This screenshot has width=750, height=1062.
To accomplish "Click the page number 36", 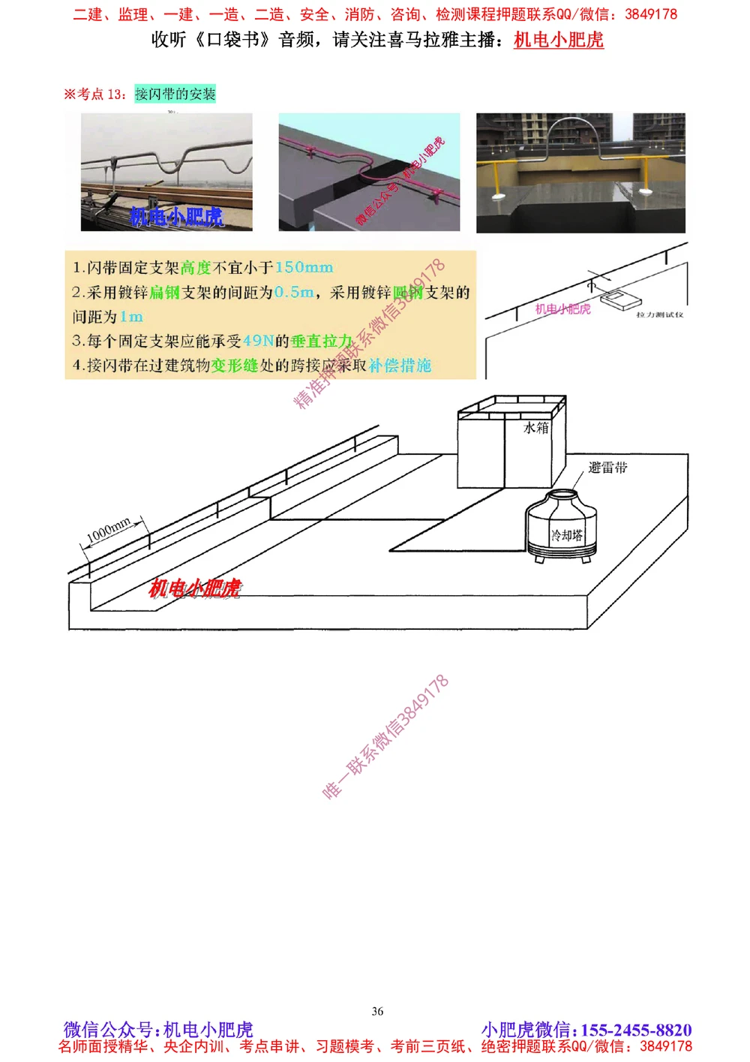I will (x=377, y=1011).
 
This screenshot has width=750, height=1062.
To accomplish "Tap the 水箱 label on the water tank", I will (x=535, y=428).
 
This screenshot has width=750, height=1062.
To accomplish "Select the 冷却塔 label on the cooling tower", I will (x=566, y=535).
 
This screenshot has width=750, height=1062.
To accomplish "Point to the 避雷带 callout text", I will (x=607, y=468).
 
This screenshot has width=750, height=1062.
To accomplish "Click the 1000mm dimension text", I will (x=109, y=530).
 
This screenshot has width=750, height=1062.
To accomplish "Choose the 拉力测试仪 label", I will (x=659, y=314).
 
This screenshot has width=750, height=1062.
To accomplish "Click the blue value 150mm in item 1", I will (x=304, y=267).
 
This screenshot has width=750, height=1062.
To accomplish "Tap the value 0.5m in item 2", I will (x=293, y=292).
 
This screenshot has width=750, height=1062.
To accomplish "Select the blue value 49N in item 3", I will (x=258, y=341).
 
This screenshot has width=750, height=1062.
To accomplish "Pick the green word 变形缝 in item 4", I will (x=234, y=366).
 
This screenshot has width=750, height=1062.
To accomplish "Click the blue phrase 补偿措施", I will (x=400, y=366).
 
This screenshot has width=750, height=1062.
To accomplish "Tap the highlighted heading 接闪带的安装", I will (x=175, y=94).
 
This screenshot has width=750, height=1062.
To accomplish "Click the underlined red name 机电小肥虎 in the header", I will (x=558, y=40).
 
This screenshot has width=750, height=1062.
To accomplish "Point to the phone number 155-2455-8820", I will (x=636, y=1030).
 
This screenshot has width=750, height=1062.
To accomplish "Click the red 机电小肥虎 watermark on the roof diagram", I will (x=195, y=588).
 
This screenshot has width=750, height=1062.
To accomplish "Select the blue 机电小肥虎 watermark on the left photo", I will (x=176, y=217).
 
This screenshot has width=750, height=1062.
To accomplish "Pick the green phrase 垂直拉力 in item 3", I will (x=321, y=341).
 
